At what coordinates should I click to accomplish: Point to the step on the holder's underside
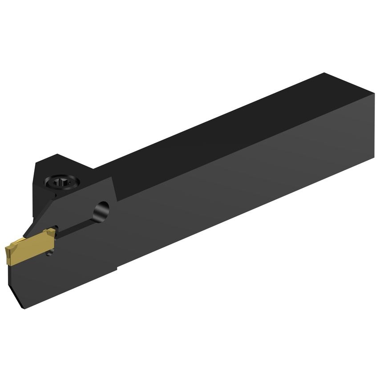point(117,267)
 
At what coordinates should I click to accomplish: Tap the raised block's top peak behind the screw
point(56,156)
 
